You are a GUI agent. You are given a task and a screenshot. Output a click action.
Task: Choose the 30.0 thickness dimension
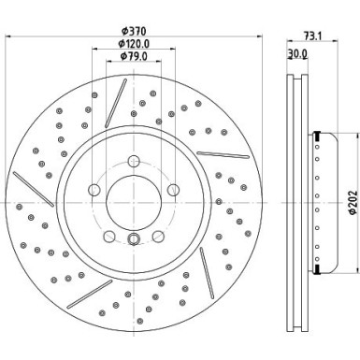297,56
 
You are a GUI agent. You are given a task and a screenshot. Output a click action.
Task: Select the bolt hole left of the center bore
94,192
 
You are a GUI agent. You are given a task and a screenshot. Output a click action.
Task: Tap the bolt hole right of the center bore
171,192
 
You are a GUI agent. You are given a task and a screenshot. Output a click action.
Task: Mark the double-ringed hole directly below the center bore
132,238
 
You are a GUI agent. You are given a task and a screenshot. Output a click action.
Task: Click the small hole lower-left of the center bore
109,235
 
